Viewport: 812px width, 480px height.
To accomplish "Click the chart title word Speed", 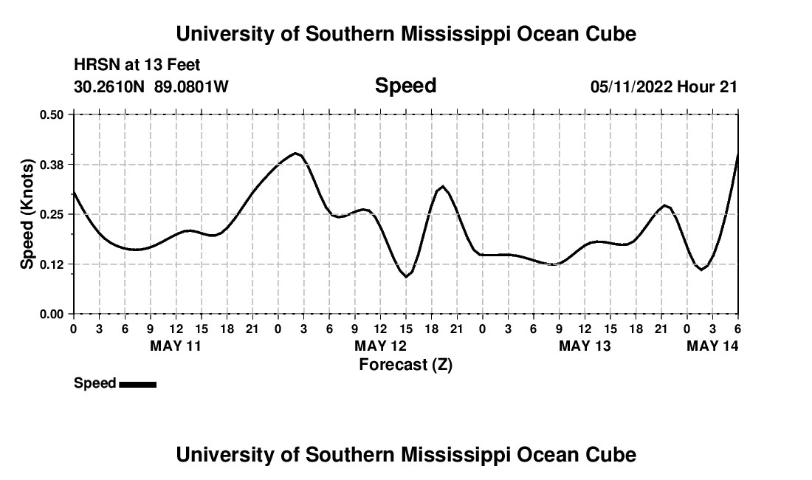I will click(x=405, y=86).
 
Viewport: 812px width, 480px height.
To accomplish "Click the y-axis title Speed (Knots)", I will click(x=27, y=214).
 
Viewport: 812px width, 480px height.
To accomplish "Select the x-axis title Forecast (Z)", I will click(x=405, y=364).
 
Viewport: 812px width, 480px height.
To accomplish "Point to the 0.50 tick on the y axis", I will click(x=52, y=114).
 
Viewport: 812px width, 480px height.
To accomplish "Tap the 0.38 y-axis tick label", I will click(x=52, y=164).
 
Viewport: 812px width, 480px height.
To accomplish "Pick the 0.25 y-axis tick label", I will click(x=52, y=214).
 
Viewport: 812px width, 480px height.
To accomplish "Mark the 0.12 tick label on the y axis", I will click(x=52, y=264).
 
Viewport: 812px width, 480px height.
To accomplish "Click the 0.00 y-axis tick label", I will click(x=52, y=315).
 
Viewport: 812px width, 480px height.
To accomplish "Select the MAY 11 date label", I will click(x=176, y=346).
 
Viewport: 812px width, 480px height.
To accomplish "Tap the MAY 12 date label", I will click(x=380, y=346).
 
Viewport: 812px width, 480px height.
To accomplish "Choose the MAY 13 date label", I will click(x=585, y=346).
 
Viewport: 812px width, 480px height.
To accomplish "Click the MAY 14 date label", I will click(x=712, y=346).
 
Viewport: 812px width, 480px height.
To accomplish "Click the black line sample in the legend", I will click(x=137, y=384).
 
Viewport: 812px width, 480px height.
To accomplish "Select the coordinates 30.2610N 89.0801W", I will click(x=151, y=87).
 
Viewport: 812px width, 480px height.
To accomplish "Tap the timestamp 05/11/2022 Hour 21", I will click(x=664, y=87).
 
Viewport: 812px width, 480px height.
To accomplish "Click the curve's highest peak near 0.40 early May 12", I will click(x=296, y=154).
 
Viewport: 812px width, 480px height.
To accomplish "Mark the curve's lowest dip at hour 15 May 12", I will click(x=406, y=276).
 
